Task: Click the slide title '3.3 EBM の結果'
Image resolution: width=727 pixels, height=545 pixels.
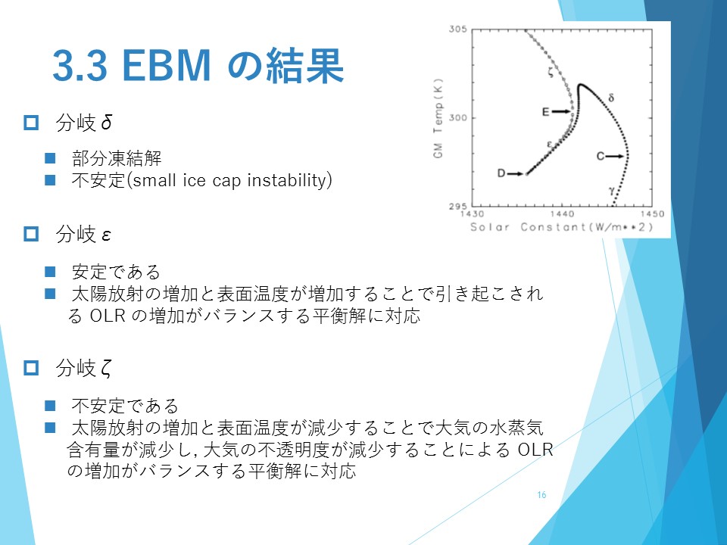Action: point(198,66)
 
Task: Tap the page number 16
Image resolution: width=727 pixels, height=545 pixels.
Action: point(541,495)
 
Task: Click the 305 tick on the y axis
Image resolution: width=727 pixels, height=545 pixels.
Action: point(457,30)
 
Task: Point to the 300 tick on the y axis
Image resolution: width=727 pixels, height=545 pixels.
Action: point(457,118)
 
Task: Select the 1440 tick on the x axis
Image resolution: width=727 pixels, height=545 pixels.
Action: point(562,213)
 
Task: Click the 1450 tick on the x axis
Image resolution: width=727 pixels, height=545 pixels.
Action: point(652,213)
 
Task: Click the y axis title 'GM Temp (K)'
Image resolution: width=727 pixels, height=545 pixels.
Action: point(438,118)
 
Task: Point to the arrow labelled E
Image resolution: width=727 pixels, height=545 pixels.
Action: point(561,111)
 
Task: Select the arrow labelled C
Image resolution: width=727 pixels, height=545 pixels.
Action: point(615,156)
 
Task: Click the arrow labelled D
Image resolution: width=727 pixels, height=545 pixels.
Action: point(515,174)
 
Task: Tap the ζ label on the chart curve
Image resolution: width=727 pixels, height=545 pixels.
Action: point(551,72)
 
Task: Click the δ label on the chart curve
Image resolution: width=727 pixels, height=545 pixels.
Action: point(611,98)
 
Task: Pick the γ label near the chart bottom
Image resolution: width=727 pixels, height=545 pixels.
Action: point(612,189)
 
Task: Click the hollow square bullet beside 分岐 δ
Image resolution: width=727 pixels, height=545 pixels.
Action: point(31,123)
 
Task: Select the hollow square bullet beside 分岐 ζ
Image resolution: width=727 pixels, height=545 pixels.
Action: point(31,368)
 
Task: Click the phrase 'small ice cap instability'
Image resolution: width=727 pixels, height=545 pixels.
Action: point(230,180)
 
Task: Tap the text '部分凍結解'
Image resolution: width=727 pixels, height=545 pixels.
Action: point(117,158)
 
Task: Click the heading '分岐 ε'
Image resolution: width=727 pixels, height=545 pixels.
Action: point(83,234)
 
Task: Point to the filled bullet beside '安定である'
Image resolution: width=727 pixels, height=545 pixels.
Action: point(50,272)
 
